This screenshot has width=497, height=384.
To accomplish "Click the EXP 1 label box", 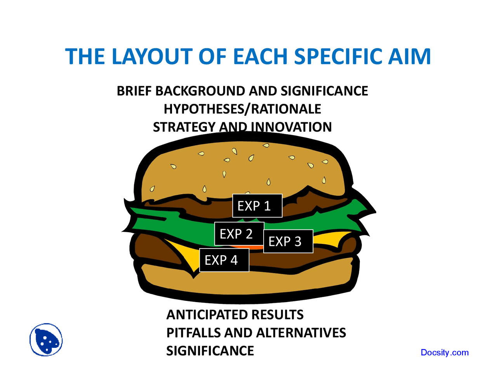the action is (257, 206).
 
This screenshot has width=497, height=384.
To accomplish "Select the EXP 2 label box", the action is (239, 233).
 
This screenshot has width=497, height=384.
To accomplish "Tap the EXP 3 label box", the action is (288, 241).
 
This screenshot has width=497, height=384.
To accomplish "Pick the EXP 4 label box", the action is (224, 260).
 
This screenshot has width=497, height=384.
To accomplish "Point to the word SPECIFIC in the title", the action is (338, 56).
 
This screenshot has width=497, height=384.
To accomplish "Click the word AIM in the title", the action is (409, 56).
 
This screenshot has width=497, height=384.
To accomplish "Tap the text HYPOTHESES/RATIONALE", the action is (242, 109).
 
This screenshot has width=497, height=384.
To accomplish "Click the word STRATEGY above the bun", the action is (184, 127).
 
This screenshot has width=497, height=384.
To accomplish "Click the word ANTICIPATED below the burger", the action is (204, 315).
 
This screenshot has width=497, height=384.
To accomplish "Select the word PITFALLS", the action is (193, 332).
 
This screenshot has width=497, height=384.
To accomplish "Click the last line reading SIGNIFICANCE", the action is (210, 351).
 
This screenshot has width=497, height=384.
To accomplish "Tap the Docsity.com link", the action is (445, 353).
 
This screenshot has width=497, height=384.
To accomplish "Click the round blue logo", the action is (46, 340).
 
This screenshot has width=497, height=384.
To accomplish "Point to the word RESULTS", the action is (274, 315).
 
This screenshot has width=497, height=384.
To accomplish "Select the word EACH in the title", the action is (260, 56).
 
